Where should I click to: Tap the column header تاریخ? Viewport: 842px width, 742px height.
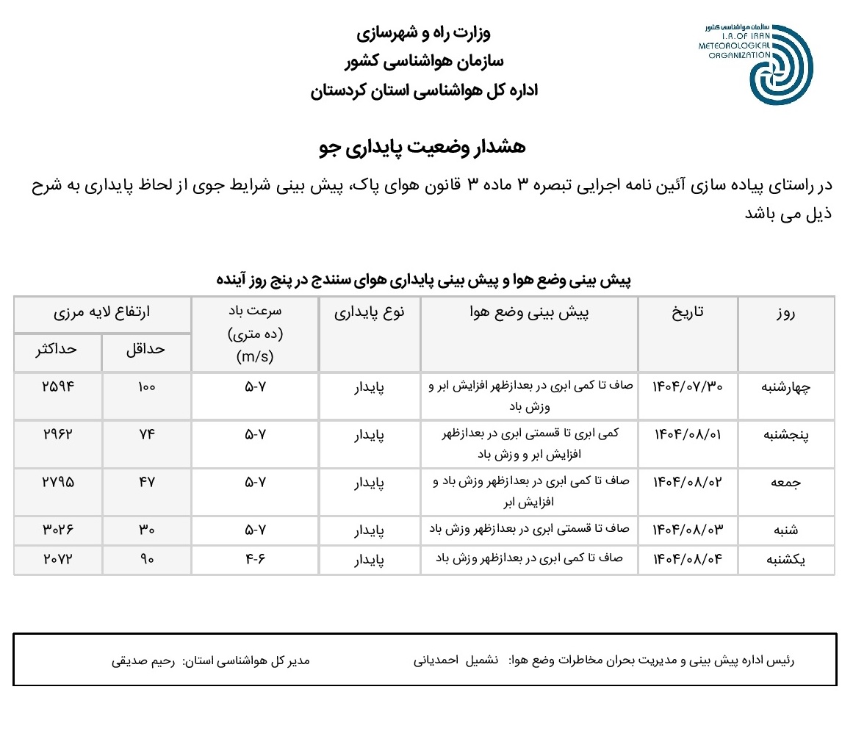point(688,312)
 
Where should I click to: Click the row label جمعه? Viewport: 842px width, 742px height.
point(785,483)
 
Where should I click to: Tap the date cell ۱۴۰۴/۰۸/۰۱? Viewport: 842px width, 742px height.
point(688,434)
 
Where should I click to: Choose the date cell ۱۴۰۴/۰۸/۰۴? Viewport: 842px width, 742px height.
point(688,559)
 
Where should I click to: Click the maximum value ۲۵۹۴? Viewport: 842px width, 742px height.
point(58,387)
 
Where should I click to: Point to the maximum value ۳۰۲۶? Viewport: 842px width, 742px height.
point(58,529)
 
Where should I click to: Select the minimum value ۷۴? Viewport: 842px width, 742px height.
point(147,434)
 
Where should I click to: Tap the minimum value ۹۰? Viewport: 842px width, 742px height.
point(147,559)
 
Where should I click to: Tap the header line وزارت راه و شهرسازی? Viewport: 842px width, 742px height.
point(422,34)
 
